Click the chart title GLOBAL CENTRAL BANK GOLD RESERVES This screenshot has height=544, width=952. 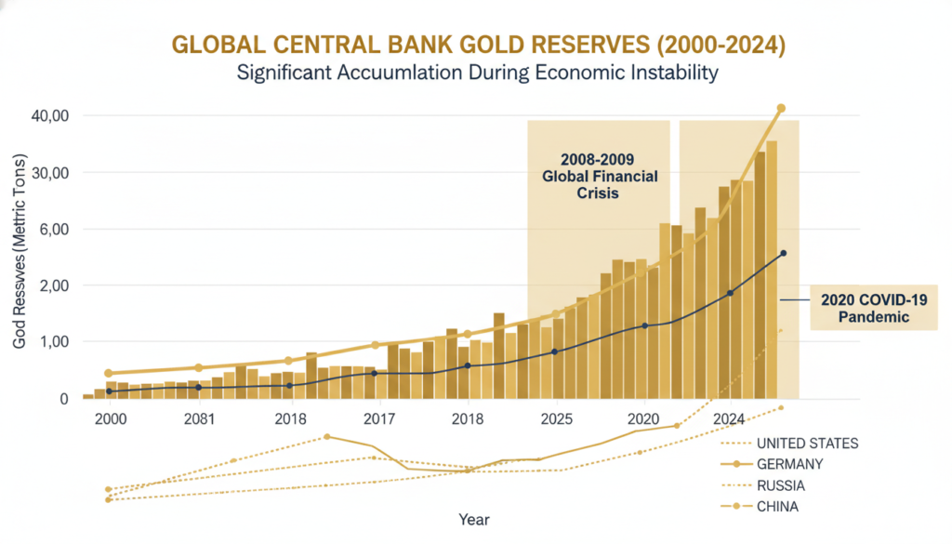pyautogui.click(x=476, y=45)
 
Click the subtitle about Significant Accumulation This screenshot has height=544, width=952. pyautogui.click(x=476, y=73)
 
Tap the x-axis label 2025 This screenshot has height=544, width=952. pyautogui.click(x=557, y=419)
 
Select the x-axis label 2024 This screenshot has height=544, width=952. pyautogui.click(x=730, y=419)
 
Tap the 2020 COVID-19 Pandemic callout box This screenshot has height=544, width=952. pyautogui.click(x=873, y=308)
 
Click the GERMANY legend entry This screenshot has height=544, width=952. pyautogui.click(x=790, y=464)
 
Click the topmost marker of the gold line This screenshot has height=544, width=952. pyautogui.click(x=781, y=109)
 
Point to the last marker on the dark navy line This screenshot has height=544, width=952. pyautogui.click(x=783, y=253)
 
